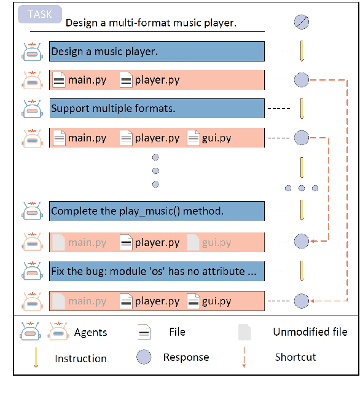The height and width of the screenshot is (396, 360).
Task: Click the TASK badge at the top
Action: coord(39,14)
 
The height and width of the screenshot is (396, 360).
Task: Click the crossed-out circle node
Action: coord(301,23)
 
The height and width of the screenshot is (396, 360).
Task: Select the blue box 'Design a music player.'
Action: coord(157,52)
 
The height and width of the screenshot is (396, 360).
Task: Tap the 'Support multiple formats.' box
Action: coord(157,109)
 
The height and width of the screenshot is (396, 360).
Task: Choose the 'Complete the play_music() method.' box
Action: coord(157,211)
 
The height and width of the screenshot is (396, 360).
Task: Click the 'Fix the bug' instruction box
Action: coord(157,271)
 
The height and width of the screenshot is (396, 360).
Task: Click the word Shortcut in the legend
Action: coord(295,357)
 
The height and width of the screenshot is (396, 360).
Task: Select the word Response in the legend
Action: coord(186,357)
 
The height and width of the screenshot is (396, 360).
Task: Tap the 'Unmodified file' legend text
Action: coord(310,332)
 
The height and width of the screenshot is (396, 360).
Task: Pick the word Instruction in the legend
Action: coord(80,358)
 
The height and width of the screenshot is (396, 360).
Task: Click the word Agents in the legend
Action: coord(90,333)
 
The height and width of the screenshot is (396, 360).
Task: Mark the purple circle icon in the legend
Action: coord(144,357)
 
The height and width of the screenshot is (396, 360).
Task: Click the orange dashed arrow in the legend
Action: coord(244,357)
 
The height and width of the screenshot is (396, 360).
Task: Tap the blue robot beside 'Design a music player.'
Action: coord(31,52)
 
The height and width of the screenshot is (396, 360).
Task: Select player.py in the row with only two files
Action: coord(157,80)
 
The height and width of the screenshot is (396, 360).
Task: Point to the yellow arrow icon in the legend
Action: coord(35,357)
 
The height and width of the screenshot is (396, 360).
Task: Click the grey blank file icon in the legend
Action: coord(245,332)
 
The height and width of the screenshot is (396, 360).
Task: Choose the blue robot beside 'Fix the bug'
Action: coord(31,271)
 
